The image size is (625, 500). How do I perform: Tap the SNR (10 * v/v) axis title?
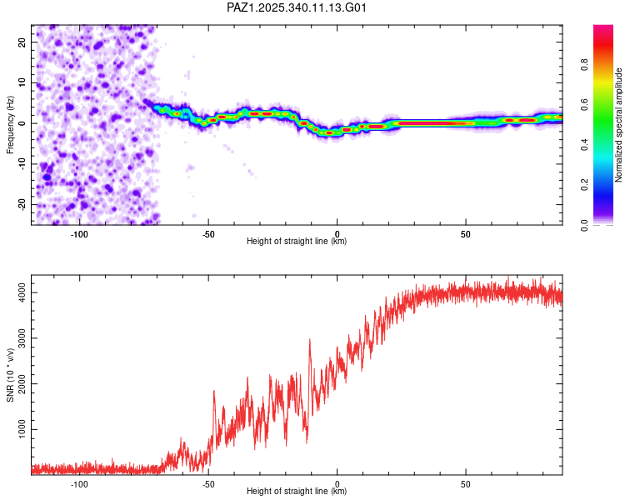coord(10,375)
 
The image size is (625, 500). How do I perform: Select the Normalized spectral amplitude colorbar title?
coord(618,125)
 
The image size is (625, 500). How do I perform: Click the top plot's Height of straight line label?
coord(297,241)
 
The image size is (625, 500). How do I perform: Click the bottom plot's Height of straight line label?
coord(297,491)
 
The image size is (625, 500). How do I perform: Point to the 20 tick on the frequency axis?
coord(22,42)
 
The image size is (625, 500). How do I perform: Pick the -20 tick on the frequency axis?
coord(21,204)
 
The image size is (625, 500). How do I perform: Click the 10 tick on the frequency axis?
coord(22,82)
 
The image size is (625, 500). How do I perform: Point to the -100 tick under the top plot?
coord(79,233)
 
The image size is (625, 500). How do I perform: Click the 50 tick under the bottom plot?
coord(466,483)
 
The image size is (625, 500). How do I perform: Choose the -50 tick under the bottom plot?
coord(208,483)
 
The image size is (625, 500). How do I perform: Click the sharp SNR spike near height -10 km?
coord(310,341)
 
